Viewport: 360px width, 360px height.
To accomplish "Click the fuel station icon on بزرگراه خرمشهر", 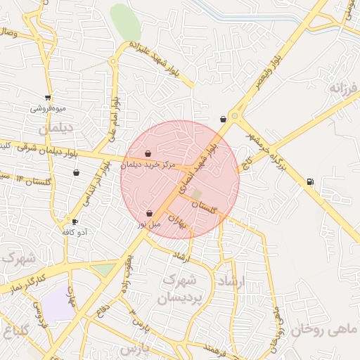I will [x=310, y=183].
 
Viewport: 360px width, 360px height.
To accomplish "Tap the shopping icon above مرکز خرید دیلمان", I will [x=148, y=154].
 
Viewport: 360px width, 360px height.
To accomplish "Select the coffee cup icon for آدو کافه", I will [x=75, y=222].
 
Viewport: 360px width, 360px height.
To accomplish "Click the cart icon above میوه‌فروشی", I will [x=48, y=98].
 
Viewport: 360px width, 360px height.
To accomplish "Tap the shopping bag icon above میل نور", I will [x=149, y=213].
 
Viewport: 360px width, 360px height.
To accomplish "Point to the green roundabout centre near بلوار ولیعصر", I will [x=234, y=117].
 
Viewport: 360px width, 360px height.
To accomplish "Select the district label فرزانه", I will [x=344, y=89].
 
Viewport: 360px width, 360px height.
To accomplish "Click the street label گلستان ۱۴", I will [x=33, y=181].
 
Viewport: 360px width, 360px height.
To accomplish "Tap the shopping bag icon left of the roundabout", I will [x=223, y=119].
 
